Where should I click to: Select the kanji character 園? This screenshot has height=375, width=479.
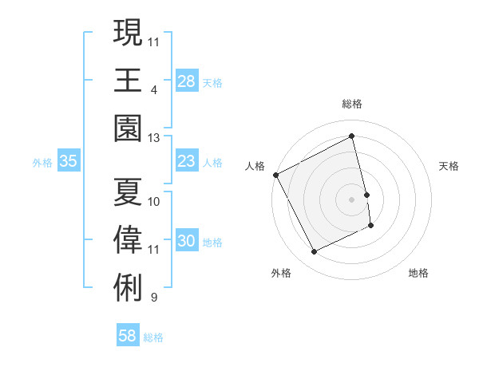129,128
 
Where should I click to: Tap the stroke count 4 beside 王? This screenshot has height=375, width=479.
153,89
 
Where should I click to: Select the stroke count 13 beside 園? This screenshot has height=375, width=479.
154,138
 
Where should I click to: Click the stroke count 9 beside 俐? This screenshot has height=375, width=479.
153,298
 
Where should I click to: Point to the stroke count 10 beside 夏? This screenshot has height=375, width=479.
154,201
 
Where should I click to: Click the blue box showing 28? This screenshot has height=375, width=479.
186,81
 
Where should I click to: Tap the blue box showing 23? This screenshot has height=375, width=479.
186,161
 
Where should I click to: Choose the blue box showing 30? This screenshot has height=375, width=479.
186,241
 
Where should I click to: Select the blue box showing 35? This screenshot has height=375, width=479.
69,161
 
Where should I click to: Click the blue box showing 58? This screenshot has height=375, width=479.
127,336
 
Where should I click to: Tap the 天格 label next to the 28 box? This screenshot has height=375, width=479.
212,82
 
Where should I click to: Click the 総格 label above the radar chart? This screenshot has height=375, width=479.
352,104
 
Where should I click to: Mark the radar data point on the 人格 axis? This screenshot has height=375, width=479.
276,175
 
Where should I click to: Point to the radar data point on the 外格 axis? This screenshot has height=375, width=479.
314,252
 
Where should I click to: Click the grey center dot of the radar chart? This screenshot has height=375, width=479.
352,199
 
